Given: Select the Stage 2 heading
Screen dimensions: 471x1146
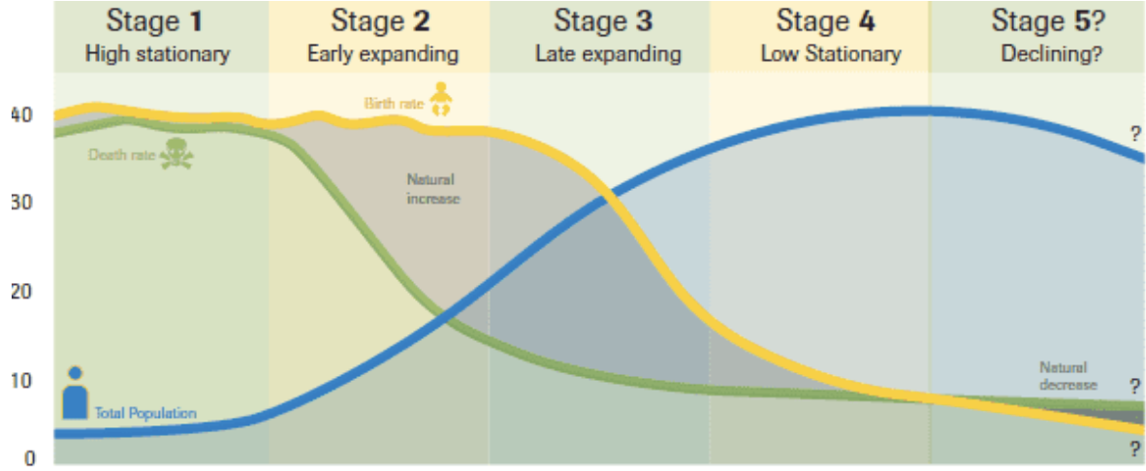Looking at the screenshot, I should pos(382,21).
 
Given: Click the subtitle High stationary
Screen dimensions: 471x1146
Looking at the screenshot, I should pos(157,53).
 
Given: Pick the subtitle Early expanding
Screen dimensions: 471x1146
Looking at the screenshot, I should pos(382,53).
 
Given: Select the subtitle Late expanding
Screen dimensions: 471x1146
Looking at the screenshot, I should pos(608,53).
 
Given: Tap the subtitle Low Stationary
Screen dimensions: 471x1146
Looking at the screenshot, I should pos(830,53).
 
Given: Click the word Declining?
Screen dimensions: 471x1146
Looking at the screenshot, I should pos(1051,53).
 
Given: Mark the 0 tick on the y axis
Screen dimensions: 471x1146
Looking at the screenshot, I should pos(29,458).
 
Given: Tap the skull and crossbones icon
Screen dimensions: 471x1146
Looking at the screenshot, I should pos(176,153).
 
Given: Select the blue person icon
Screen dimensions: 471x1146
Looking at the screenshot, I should pos(75,394).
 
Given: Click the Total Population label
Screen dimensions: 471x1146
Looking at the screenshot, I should pos(145,414).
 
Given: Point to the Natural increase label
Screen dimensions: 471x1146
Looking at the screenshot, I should pos(430,189).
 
